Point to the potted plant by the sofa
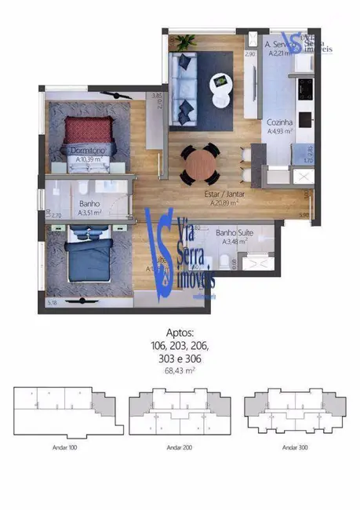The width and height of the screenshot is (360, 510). (186, 42)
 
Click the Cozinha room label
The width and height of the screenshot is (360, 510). (279, 123)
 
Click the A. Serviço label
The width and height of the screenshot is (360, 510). (279, 46)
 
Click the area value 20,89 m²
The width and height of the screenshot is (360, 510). (224, 202)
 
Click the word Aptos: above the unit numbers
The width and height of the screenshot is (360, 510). (180, 333)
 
